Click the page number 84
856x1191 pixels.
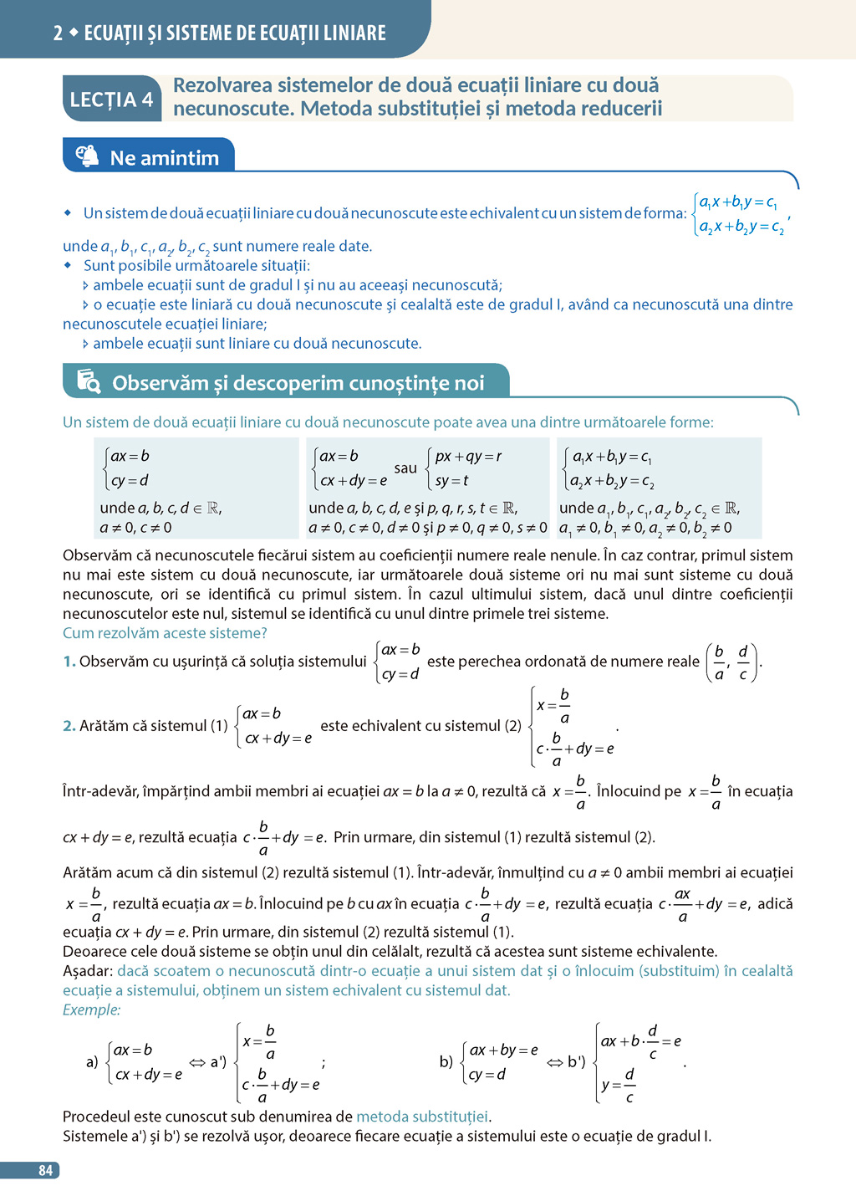click(45, 1170)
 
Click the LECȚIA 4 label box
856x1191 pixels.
click(111, 100)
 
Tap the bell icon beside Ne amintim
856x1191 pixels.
click(87, 156)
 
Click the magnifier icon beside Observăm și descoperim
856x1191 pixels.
click(88, 381)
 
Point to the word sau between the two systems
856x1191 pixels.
click(405, 468)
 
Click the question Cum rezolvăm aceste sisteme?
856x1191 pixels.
click(165, 633)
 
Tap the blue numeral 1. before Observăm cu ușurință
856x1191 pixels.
click(69, 662)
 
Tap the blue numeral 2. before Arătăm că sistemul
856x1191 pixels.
click(69, 726)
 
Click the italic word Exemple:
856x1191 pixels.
click(92, 1010)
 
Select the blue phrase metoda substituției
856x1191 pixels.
click(422, 1117)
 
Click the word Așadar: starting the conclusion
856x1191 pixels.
click(88, 971)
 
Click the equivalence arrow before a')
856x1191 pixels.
click(197, 1062)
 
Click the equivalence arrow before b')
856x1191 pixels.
click(555, 1062)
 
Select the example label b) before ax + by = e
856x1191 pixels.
click(446, 1062)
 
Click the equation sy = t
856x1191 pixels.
click(451, 481)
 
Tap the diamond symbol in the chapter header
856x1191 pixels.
click(74, 33)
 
